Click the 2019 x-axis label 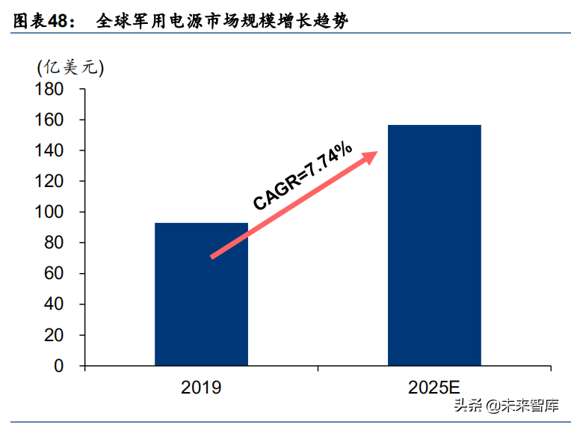(x=201, y=388)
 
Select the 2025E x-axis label (x=435, y=388)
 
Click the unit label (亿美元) (x=70, y=66)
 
